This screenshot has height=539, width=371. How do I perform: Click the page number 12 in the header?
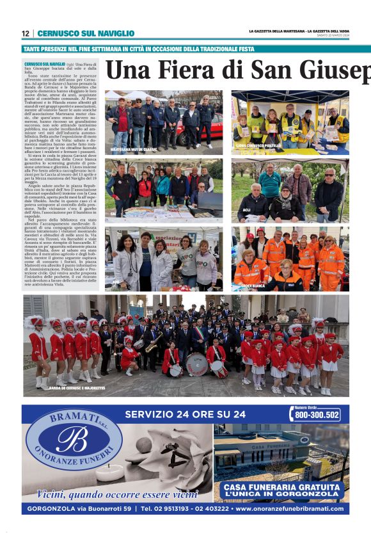pyautogui.click(x=26, y=33)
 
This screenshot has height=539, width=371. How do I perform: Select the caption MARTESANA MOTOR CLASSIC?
pyautogui.click(x=134, y=149)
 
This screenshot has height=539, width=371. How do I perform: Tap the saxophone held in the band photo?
pyautogui.click(x=152, y=346)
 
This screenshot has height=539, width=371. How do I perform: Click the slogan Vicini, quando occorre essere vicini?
pyautogui.click(x=117, y=494)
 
